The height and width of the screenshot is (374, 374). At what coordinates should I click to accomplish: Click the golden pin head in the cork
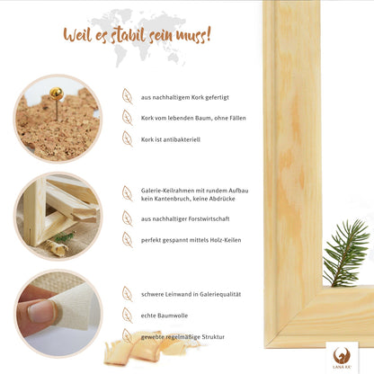point(57,93)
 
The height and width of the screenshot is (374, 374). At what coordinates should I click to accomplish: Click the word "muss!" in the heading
point(193,34)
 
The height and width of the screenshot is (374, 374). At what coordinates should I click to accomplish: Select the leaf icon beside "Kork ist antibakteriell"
point(128,138)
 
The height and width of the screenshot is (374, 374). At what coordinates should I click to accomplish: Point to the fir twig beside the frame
point(345,254)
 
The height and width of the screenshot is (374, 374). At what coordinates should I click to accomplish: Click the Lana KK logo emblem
point(342,355)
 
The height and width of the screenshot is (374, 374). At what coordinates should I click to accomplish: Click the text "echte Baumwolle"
point(165,316)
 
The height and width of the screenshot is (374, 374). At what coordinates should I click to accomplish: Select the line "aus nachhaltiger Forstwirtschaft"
point(185,218)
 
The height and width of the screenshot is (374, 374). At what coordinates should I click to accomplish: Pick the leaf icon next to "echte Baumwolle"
point(128,315)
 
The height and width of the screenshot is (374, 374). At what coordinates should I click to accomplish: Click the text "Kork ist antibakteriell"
point(171,139)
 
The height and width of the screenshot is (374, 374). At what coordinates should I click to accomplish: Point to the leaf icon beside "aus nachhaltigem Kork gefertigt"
point(128,96)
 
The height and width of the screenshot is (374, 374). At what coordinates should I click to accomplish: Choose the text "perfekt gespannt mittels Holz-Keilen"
point(191,240)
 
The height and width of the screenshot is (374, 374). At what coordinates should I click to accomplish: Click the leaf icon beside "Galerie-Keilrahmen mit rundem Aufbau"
point(128,193)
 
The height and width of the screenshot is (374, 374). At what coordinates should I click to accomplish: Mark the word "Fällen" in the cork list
point(237,118)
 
